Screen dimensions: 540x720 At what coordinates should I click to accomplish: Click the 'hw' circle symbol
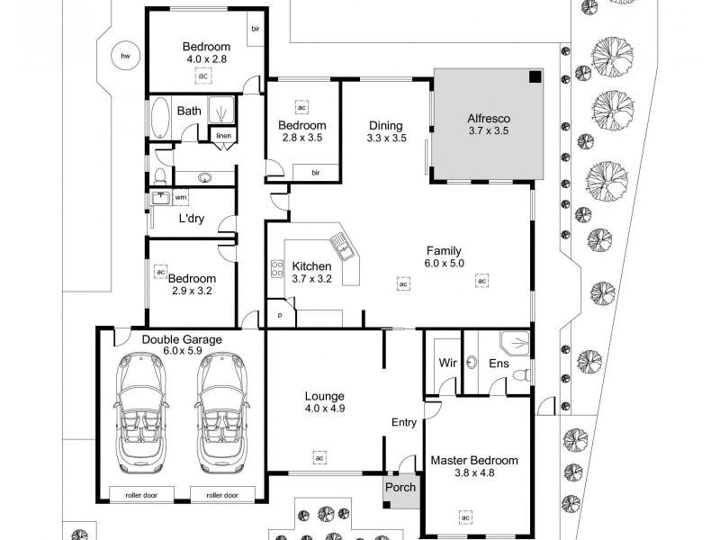coord(125,57)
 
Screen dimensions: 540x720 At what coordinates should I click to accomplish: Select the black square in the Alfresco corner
coord(535,77)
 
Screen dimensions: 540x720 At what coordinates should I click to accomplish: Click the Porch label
coord(400,488)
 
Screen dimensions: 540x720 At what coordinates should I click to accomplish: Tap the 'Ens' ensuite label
coord(498,364)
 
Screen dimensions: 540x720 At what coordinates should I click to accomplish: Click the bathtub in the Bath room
coord(160,117)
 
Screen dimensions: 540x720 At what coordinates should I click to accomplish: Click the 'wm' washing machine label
coord(181,196)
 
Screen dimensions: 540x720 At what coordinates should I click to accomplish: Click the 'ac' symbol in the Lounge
coord(319,457)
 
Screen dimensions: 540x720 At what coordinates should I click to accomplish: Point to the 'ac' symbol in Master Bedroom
coord(465,517)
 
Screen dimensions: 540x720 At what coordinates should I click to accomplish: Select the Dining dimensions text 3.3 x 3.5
coord(387,139)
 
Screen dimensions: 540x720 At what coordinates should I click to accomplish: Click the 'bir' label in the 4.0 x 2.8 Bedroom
coord(256,28)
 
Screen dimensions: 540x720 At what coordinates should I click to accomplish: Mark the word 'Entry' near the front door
coord(404,422)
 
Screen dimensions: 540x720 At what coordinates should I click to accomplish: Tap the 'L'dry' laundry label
coord(190,219)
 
